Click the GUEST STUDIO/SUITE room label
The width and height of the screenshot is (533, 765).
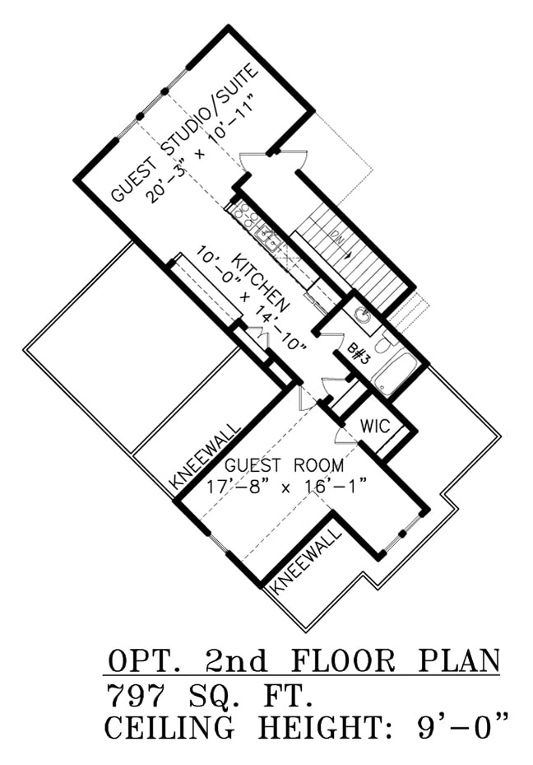tap(186, 132)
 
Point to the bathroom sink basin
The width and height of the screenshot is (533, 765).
tap(362, 315)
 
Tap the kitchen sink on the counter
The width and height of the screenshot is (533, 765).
tap(268, 239)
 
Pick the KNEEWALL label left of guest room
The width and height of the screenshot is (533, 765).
tap(206, 455)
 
